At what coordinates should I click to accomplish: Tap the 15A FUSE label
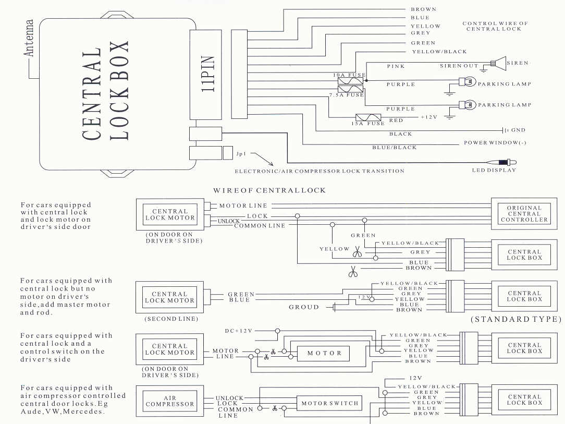point(369,124)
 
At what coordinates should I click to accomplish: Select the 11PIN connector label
point(207,75)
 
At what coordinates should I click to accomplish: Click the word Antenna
point(29,39)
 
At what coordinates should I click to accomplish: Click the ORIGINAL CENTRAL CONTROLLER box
point(524,214)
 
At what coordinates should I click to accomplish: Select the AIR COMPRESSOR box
point(169,401)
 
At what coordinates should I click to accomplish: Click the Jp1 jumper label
point(240,154)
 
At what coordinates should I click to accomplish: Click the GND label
point(518,130)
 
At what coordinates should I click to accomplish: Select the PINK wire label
point(396,66)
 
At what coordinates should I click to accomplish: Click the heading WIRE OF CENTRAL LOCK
point(269,190)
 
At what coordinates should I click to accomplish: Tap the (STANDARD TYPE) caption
point(517,319)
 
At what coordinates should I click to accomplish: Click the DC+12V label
point(239,331)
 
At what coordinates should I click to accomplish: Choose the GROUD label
point(304,307)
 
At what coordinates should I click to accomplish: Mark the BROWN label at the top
point(423,9)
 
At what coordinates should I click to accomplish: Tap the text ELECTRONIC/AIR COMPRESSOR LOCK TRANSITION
point(320,171)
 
